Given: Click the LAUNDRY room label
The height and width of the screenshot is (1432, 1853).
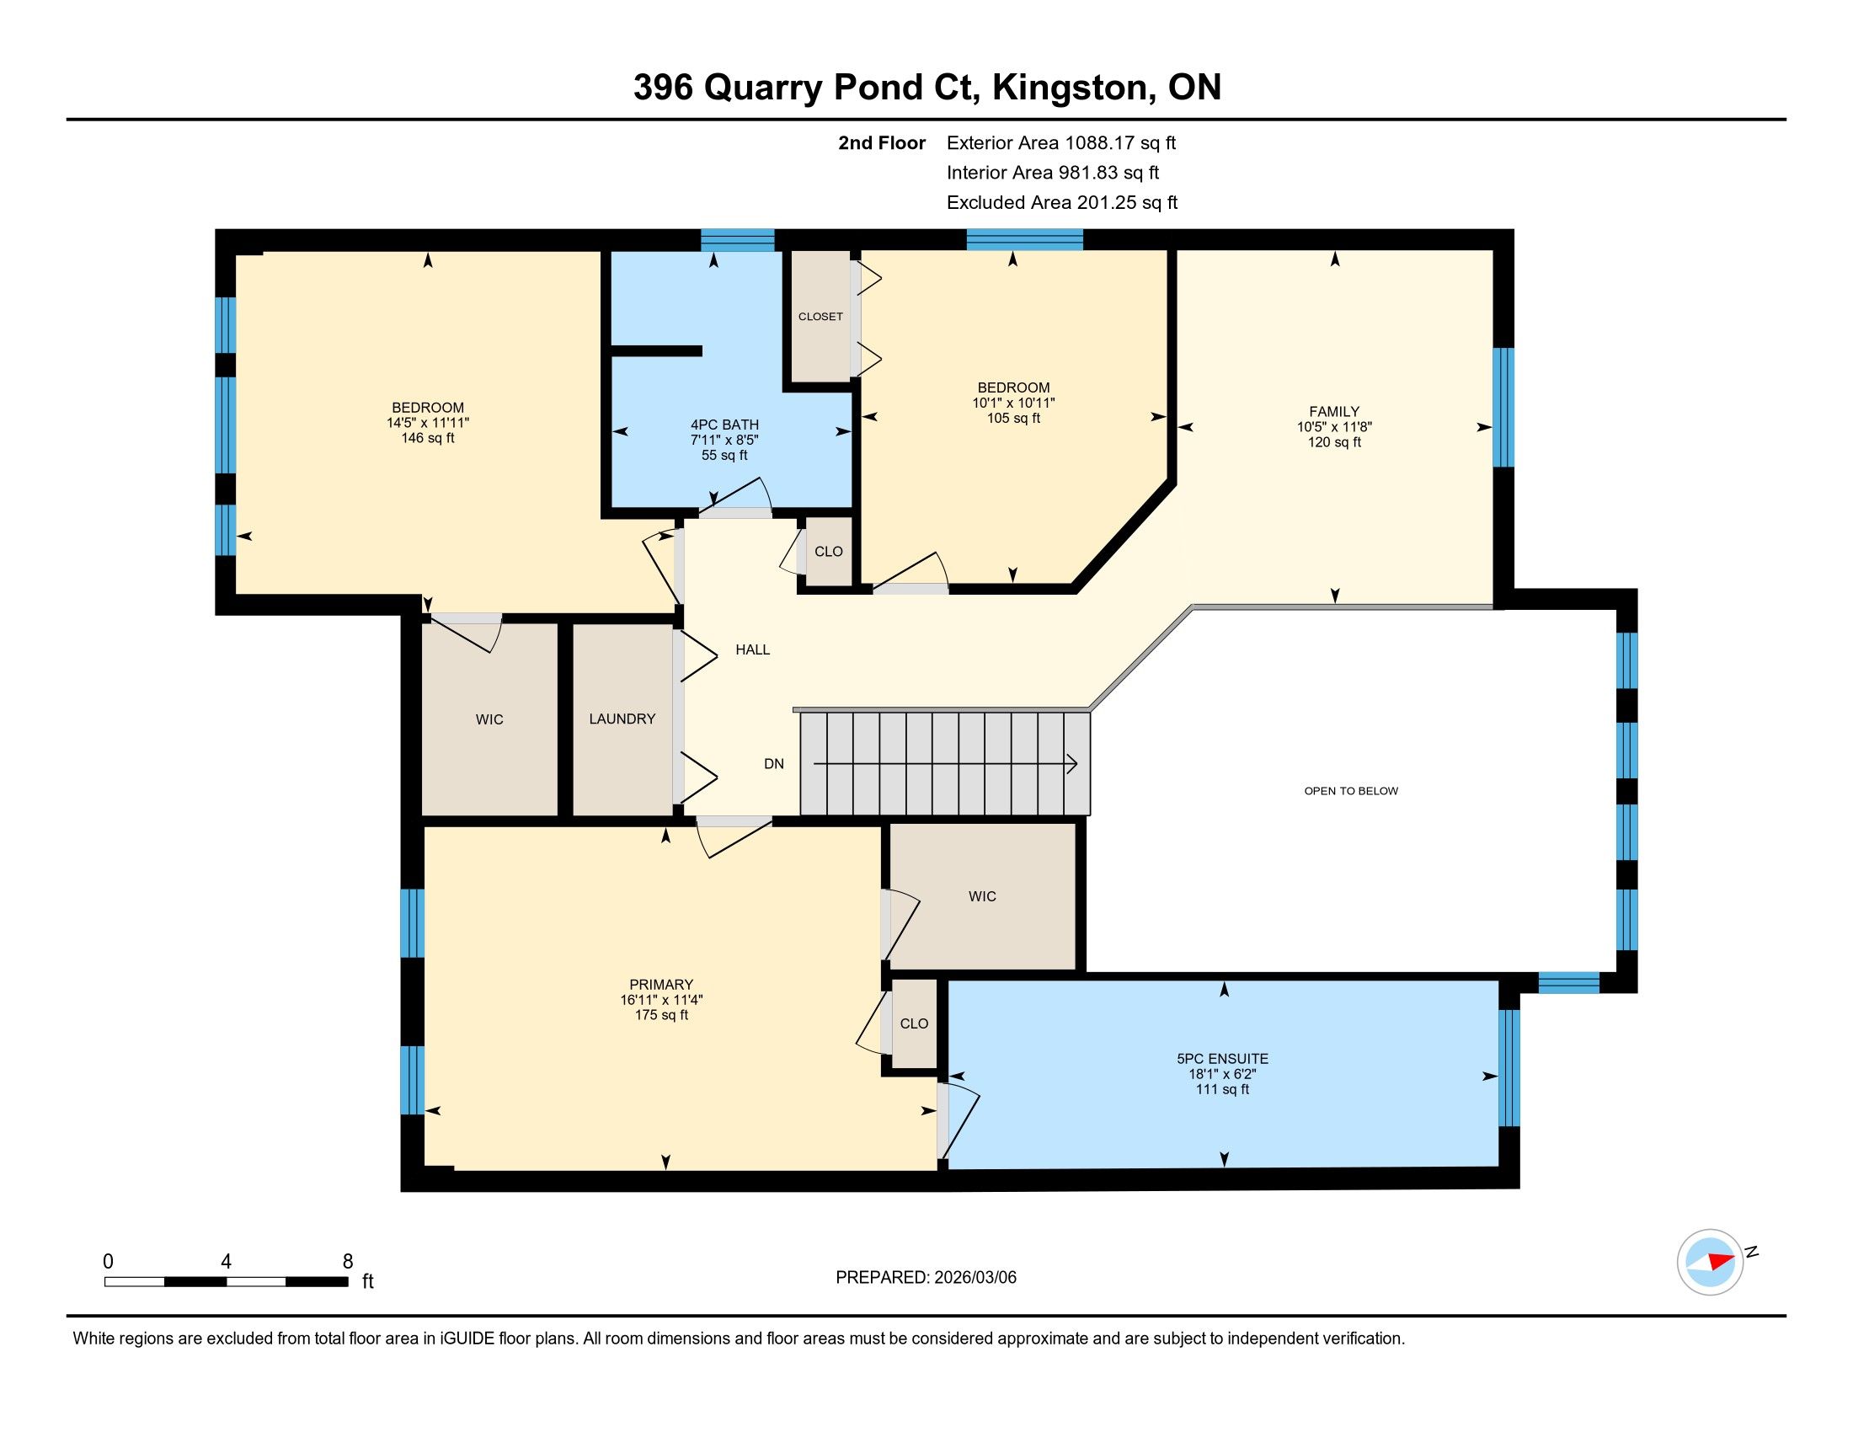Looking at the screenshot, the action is point(622,719).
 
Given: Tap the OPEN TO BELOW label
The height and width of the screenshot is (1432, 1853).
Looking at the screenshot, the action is point(1351,791).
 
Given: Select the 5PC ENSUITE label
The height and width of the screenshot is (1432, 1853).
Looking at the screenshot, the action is point(1223,1059).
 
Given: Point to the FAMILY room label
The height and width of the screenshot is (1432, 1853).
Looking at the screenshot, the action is point(1334,411).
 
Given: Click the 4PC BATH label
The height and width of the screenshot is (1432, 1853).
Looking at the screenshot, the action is point(724,425).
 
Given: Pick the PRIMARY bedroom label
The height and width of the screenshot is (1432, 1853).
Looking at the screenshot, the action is point(661,985).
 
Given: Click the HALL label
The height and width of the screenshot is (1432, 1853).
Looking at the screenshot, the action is point(752,649).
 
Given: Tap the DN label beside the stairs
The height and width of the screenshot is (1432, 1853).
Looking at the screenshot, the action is point(774,763).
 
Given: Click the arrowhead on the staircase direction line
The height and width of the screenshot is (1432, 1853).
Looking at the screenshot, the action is point(1072,764).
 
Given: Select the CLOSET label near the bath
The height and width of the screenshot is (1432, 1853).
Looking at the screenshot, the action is point(820,317).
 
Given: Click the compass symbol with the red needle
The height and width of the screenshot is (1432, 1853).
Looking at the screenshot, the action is point(1710,1262).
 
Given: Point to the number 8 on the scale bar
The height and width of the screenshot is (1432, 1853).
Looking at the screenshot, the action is point(348,1262).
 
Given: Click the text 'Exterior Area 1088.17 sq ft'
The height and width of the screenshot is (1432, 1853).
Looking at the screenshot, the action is point(1061,142).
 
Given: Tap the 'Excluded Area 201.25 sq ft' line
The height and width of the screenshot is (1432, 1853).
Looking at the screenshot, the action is point(1062,202).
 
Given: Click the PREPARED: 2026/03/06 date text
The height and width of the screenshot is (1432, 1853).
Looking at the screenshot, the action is point(926,1278).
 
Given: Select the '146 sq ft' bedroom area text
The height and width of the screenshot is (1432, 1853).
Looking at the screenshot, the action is point(428,439).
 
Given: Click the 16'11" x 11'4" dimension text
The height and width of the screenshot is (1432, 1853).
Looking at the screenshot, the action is point(661,1000).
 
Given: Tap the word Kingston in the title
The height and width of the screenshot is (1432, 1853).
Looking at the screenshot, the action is point(1071,88).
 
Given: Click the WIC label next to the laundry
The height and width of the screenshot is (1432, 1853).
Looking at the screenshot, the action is point(489,719).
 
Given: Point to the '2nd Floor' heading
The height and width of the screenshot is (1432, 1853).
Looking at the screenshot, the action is point(882,142).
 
